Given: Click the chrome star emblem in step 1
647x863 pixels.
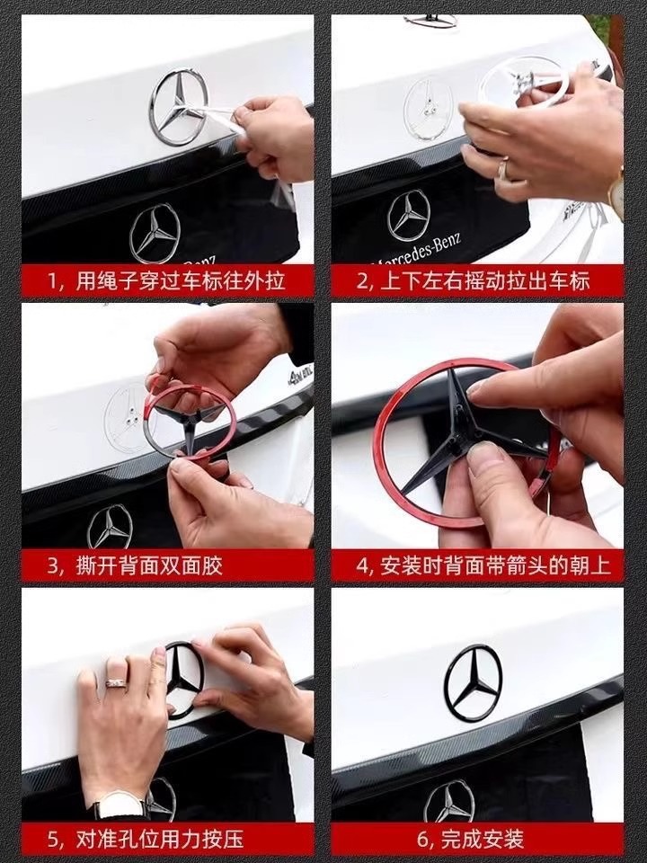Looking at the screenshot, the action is pyautogui.click(x=178, y=107).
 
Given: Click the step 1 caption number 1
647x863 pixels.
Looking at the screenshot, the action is pyautogui.click(x=52, y=281).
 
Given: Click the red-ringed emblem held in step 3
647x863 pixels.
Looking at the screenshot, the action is pyautogui.click(x=191, y=422).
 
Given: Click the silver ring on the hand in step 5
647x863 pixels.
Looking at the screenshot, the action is pyautogui.click(x=116, y=682).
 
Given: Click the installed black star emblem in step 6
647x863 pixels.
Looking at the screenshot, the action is pyautogui.click(x=474, y=682).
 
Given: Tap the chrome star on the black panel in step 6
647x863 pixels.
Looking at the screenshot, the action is pyautogui.click(x=449, y=802).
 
